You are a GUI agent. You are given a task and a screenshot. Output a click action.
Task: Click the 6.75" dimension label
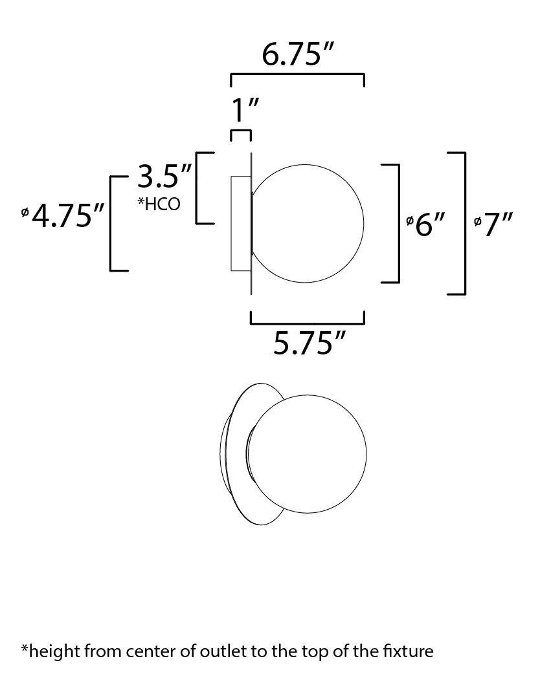click(298, 55)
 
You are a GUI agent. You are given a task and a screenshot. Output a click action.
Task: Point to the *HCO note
click(159, 204)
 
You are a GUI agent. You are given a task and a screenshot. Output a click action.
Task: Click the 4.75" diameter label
click(68, 215)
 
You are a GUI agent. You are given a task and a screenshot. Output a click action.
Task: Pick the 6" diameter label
click(429, 224)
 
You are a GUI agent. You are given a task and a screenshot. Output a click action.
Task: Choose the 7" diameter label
click(499, 224)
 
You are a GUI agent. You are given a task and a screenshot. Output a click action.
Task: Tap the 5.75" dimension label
click(309, 343)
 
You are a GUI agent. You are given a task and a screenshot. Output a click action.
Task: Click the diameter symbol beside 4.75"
click(25, 212)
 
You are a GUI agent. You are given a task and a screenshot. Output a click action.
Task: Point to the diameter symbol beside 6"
click(409, 221)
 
